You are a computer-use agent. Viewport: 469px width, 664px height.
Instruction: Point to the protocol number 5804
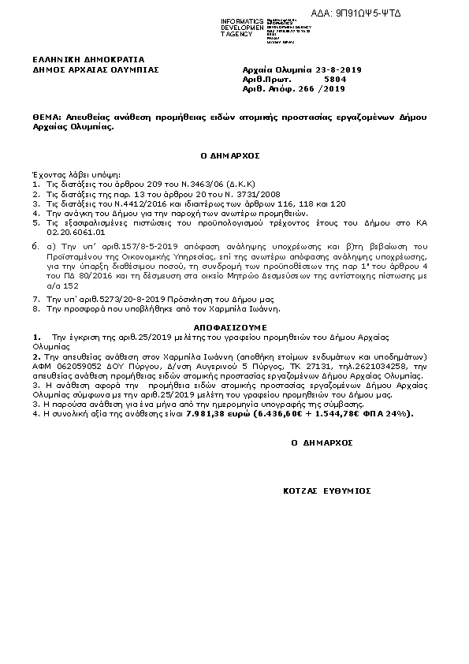coord(335,80)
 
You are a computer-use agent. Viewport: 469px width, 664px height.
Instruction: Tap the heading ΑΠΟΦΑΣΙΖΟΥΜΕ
coord(230,326)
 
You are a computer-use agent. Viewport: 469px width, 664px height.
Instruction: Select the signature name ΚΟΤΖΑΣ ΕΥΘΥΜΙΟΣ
coord(327,491)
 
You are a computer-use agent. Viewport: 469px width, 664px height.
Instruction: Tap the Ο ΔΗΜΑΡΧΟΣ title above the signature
coord(322,443)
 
